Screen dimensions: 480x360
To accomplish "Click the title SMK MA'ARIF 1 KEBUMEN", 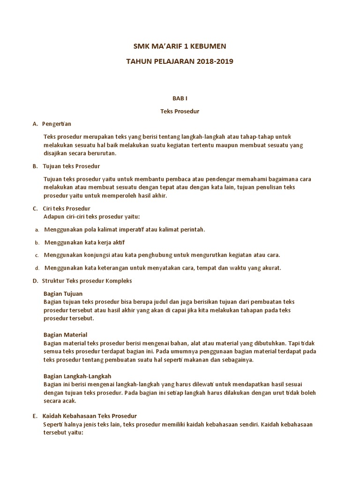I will click(180, 46).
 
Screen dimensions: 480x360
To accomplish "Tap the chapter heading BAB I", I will click(180, 98).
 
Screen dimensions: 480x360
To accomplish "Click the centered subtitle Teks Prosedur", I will click(180, 112).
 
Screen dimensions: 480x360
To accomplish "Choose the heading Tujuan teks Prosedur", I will click(71, 166).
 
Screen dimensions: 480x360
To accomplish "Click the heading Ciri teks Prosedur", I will click(66, 208).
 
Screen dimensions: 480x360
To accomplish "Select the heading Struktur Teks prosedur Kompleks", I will click(87, 281).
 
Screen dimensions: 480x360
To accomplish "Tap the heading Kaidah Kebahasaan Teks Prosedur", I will click(90, 416).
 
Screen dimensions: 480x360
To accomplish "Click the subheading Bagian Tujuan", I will click(63, 293).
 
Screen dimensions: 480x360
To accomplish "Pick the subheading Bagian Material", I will click(65, 335).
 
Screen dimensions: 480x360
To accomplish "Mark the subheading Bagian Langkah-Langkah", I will click(77, 376).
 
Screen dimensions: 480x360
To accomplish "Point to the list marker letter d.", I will click(37, 268).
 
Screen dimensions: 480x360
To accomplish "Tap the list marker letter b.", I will click(37, 242).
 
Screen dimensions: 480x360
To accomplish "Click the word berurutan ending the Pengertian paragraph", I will click(100, 153).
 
